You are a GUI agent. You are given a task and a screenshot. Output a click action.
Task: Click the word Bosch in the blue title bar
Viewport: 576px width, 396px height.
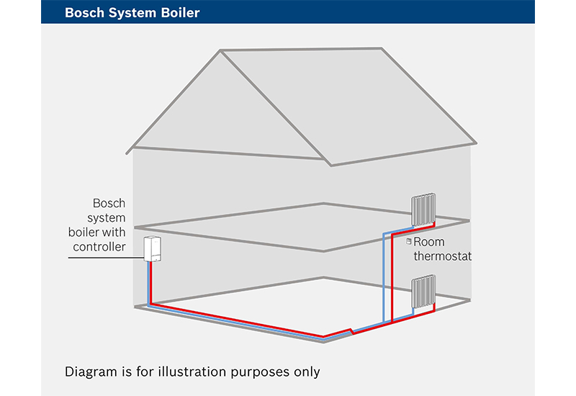coord(84,13)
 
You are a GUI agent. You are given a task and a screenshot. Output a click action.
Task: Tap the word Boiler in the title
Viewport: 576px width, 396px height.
coord(180,13)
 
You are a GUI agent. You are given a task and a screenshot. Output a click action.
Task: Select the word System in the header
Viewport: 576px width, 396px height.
coord(132,13)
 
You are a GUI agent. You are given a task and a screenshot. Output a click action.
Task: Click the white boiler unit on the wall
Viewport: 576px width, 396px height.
coord(152,249)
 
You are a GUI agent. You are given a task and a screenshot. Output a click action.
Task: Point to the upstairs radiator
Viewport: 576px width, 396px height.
coord(423,210)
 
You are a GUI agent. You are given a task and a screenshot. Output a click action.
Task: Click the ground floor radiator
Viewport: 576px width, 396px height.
coord(423,292)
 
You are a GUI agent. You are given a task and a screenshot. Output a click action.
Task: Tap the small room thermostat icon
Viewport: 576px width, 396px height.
coord(408,241)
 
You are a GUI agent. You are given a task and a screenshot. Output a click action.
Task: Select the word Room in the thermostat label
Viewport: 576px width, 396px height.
coord(428,242)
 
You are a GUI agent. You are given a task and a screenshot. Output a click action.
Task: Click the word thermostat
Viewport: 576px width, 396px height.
coord(442,256)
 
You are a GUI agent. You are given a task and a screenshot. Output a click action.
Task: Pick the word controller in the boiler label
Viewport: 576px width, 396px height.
coord(99,246)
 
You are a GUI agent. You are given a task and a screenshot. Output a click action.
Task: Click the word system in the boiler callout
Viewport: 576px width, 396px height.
coord(106,218)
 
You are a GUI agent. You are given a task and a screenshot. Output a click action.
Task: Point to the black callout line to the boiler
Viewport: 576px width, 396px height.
coord(106,258)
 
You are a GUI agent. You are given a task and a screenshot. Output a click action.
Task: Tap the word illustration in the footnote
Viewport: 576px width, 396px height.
coord(192,372)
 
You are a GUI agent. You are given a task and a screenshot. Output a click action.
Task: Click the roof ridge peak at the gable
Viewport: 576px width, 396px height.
coord(220,50)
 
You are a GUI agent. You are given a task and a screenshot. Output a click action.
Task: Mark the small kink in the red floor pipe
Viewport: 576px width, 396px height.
coord(352,331)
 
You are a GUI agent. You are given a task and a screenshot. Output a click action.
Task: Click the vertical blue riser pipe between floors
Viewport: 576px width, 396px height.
coord(384,278)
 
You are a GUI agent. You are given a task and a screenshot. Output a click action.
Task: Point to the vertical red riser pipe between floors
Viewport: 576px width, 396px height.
coord(392,278)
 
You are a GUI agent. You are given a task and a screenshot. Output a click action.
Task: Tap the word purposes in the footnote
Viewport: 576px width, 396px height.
coord(260,372)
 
